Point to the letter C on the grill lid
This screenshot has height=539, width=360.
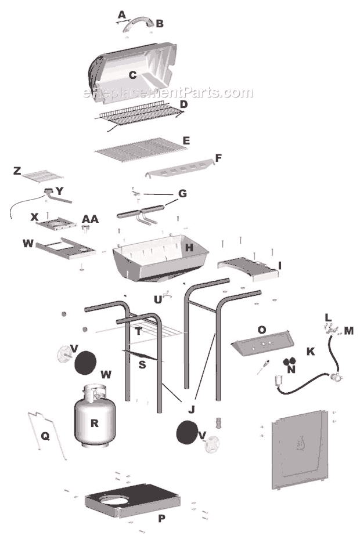[x=132, y=75]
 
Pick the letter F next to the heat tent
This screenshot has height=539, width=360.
[x=218, y=158]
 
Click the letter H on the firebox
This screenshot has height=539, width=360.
[x=189, y=248]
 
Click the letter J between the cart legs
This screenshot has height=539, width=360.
[x=191, y=408]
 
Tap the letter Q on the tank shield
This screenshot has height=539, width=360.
[x=45, y=435]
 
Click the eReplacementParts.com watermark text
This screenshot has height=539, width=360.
[x=168, y=93]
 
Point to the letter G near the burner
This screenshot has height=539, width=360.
[x=182, y=193]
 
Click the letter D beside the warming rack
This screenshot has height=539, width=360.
[x=183, y=104]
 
